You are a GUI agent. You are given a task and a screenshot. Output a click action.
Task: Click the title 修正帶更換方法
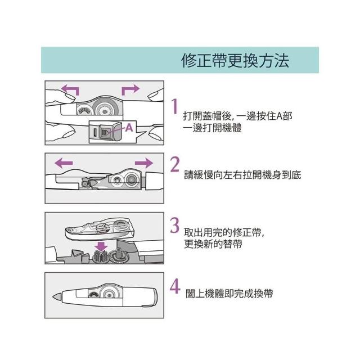(x=235, y=61)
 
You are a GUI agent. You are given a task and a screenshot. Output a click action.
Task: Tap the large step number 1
(x=175, y=106)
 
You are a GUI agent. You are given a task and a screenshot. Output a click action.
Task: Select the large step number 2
(x=175, y=164)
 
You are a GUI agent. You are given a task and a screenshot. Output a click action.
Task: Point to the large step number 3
(x=175, y=225)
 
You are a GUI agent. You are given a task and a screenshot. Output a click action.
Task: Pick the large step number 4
(x=175, y=286)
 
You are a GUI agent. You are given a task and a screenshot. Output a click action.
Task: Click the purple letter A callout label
(x=129, y=128)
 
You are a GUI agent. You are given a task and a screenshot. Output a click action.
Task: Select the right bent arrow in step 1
(x=130, y=90)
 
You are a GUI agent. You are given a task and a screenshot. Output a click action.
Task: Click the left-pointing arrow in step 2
(x=64, y=163)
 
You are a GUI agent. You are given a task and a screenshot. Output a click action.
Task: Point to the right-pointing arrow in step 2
(x=144, y=163)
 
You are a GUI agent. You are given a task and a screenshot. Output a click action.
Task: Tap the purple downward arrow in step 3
(x=101, y=246)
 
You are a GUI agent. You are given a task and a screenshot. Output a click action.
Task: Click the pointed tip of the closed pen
(x=53, y=296)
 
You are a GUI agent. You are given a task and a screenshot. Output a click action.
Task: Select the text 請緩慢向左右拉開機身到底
(x=242, y=175)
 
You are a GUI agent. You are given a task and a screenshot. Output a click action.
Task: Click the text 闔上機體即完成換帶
(x=229, y=294)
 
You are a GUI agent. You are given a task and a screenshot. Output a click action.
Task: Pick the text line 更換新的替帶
(x=213, y=244)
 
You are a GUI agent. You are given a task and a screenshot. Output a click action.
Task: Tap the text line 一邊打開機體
(x=212, y=128)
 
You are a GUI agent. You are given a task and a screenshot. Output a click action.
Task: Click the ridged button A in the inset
(x=105, y=132)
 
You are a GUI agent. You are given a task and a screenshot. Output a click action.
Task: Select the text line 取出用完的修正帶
(x=224, y=232)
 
